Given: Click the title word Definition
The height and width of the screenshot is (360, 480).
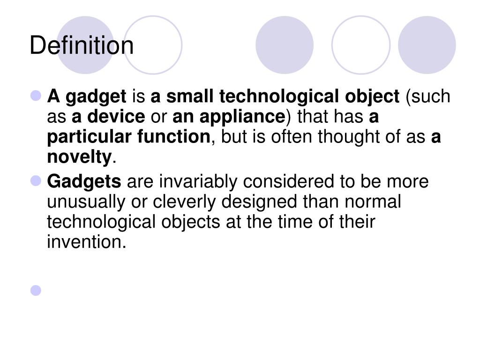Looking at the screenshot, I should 82,46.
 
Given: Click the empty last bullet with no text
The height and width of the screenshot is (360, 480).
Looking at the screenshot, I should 36,291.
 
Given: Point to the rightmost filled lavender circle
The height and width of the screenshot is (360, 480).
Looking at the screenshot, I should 427,45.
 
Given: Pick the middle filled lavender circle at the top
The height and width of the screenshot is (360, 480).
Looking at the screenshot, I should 285,45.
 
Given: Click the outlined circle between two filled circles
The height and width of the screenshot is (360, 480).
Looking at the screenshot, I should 360,45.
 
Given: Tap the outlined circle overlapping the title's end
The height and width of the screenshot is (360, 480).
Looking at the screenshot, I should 153,45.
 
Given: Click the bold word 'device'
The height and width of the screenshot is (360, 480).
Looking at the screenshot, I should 116,117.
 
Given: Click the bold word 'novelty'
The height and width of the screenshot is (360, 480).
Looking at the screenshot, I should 79,157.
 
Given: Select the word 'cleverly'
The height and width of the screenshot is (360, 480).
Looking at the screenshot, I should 187,202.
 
